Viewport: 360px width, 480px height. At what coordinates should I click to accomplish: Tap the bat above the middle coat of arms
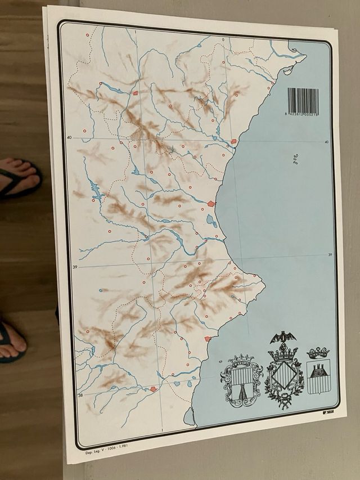[x=283, y=338]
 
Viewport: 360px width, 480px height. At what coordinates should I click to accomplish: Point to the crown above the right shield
[x=318, y=353]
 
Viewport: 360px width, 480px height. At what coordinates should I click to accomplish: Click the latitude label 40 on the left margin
[x=69, y=137]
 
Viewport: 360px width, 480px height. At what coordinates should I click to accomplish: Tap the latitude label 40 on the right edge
[x=326, y=142]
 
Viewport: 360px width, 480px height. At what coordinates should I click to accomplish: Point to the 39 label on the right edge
[x=330, y=255]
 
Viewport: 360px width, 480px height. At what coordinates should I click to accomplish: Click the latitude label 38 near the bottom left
[x=80, y=395]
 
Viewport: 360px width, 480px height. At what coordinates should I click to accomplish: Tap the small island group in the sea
[x=295, y=160]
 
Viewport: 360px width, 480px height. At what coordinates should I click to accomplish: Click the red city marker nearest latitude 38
[x=153, y=389]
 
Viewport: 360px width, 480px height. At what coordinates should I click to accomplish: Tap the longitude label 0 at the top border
[x=223, y=39]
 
